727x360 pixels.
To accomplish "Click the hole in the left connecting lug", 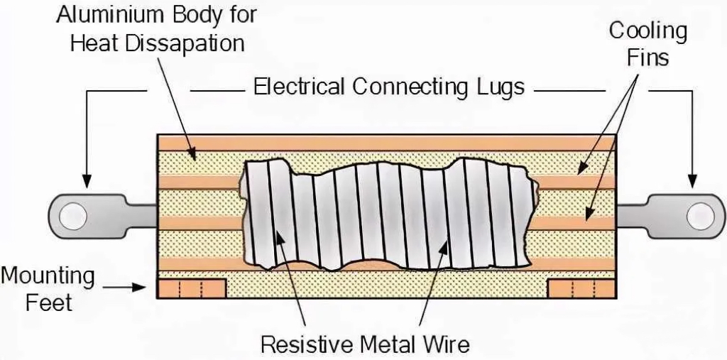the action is (x=73, y=216).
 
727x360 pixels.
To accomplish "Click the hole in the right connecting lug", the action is (x=701, y=216).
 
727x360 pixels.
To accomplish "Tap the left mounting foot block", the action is (x=192, y=288).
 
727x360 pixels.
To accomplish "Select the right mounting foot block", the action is (x=582, y=288).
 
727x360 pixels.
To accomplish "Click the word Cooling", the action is (x=647, y=31).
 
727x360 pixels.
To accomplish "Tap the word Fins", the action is (x=647, y=58).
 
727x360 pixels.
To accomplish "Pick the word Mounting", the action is (x=48, y=277).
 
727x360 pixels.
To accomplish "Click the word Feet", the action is (x=49, y=303).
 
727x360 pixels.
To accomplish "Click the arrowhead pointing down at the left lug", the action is (x=87, y=182).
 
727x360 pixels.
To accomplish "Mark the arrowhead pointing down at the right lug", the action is (x=692, y=182).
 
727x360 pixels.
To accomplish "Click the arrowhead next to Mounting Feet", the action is (x=140, y=287).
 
